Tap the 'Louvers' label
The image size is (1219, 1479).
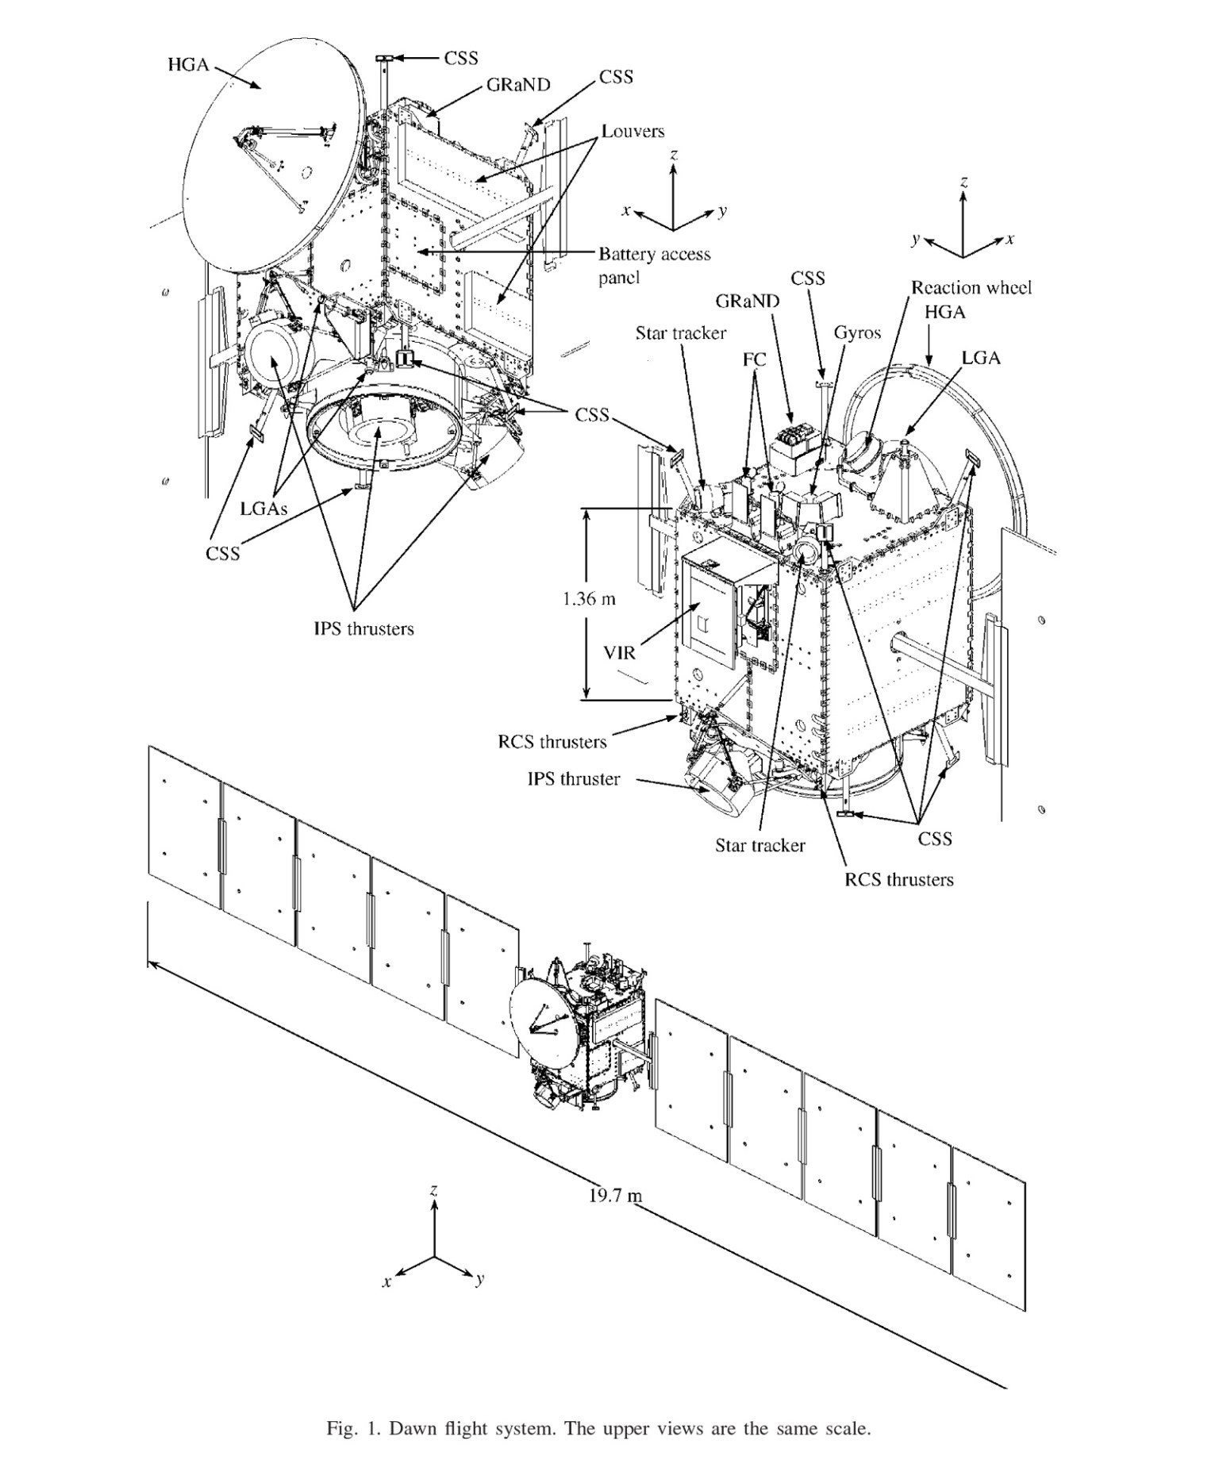(x=633, y=131)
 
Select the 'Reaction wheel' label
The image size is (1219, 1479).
(x=971, y=288)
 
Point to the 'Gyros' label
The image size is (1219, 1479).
(x=857, y=333)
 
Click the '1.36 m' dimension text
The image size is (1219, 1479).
(x=589, y=599)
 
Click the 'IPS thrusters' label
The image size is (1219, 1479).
(x=363, y=629)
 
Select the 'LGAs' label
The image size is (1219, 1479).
(x=263, y=509)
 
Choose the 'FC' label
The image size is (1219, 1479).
(x=754, y=359)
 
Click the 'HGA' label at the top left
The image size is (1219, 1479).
(x=188, y=65)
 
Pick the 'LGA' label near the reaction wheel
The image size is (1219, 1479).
(x=981, y=358)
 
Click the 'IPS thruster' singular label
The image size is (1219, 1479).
(x=573, y=779)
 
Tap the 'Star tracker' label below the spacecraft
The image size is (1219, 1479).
(x=759, y=846)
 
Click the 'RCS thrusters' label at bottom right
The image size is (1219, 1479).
(x=898, y=879)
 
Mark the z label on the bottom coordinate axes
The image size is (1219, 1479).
(x=433, y=1190)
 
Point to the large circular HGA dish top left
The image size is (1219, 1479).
(x=262, y=159)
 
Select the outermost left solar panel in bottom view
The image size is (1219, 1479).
(x=184, y=825)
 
